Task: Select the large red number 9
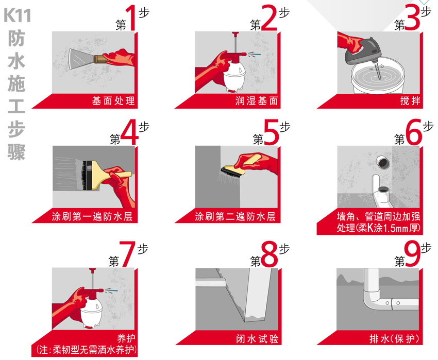(x=412, y=253)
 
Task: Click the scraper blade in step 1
(x=81, y=59)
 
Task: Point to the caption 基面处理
(x=114, y=100)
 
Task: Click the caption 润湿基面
(x=257, y=100)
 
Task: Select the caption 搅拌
(x=410, y=100)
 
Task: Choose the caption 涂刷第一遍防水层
(x=92, y=216)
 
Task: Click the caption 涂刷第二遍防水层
(x=235, y=216)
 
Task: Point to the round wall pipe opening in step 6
(x=383, y=162)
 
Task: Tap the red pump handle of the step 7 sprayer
(x=92, y=270)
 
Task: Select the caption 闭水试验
(x=257, y=339)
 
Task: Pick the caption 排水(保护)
(x=394, y=339)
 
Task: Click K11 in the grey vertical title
(x=18, y=15)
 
